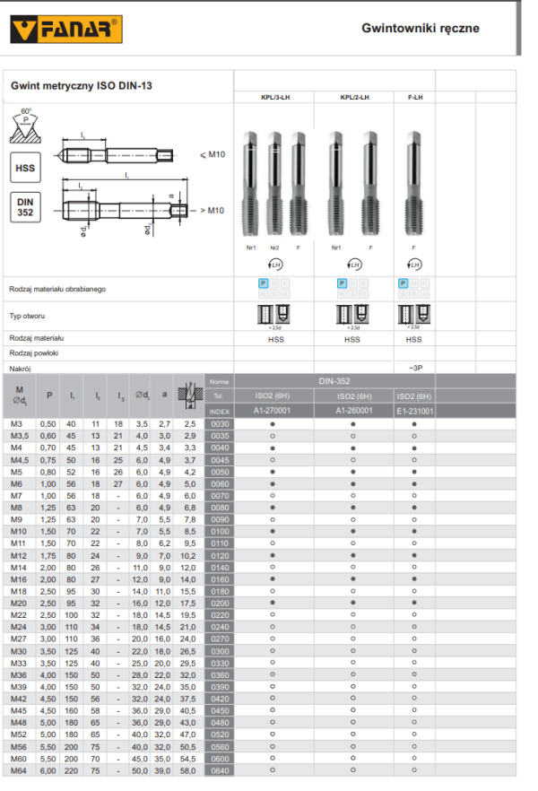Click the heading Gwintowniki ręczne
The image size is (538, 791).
(x=420, y=28)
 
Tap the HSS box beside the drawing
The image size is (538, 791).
(x=25, y=168)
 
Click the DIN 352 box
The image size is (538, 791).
(x=25, y=208)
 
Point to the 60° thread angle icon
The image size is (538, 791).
(x=25, y=125)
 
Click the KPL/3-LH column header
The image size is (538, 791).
(x=273, y=97)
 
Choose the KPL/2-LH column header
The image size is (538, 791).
(x=354, y=97)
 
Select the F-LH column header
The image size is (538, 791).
(x=413, y=97)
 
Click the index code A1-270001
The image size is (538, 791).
(x=273, y=410)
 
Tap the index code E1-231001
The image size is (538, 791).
(x=413, y=410)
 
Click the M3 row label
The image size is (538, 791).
(x=16, y=423)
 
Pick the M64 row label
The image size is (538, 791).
(x=18, y=770)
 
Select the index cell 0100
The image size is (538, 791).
(x=219, y=532)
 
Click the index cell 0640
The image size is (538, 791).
(x=219, y=770)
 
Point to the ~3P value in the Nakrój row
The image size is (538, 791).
(x=413, y=369)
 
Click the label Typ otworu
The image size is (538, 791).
(x=28, y=317)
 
